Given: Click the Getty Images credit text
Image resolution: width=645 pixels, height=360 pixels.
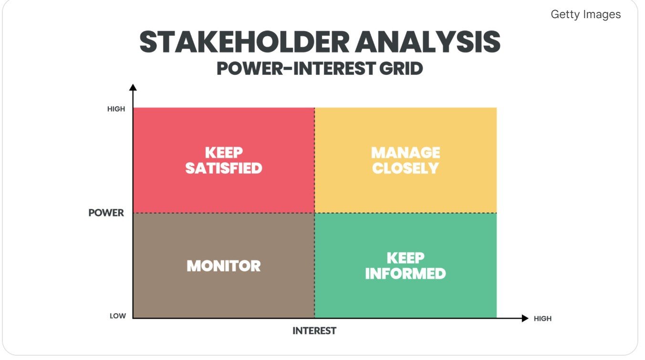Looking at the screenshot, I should point(585,14).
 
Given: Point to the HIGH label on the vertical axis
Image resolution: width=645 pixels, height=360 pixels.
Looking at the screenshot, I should point(116,109).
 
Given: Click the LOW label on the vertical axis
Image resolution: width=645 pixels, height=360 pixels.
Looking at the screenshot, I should point(118,316).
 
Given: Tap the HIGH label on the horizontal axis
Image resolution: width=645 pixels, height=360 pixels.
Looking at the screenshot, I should point(542,319).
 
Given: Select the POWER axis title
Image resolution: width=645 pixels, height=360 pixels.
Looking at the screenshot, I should point(106,213).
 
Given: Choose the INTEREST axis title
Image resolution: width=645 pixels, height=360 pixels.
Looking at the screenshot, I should point(314,330).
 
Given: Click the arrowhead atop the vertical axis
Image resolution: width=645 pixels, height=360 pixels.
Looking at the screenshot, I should point(133,87).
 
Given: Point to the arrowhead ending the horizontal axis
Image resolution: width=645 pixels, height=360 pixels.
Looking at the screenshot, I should point(525,318).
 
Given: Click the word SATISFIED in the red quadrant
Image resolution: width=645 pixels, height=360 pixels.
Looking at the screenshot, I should point(224,168).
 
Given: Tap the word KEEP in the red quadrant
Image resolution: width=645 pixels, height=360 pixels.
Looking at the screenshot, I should point(224,153).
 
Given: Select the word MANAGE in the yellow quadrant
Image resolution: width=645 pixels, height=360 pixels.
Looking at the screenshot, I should point(406,153).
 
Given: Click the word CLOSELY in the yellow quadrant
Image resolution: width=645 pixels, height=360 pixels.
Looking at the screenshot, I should point(406,168).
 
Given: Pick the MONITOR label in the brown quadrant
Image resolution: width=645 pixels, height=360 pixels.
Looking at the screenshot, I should point(224,266).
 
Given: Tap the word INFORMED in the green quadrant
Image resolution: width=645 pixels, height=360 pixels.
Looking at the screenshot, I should point(406,274).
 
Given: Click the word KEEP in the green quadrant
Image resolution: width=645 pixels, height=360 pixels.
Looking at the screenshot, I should point(406,258).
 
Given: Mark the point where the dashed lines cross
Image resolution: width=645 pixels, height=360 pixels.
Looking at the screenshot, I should point(314,213).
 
